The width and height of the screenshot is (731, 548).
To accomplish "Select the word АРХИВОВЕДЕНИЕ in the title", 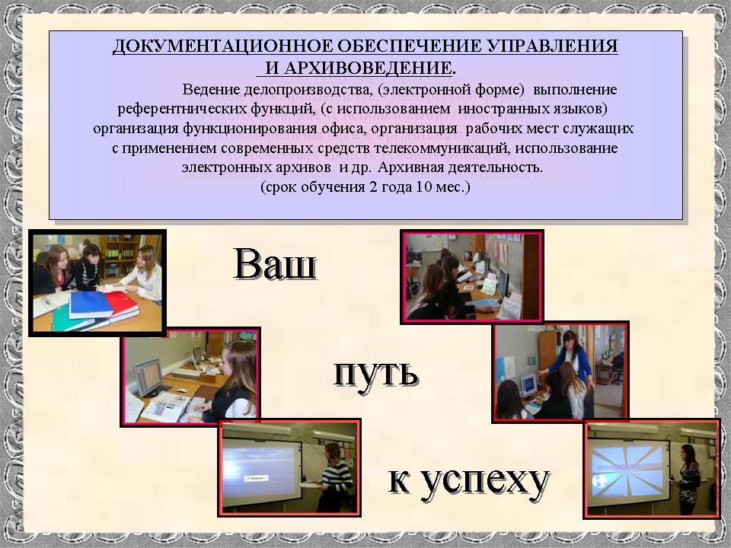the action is (x=358, y=68).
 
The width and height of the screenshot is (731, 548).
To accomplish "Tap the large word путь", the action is (x=375, y=373).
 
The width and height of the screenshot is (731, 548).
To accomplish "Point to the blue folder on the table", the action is (x=91, y=304).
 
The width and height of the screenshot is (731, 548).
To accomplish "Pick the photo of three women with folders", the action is (x=97, y=283).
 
